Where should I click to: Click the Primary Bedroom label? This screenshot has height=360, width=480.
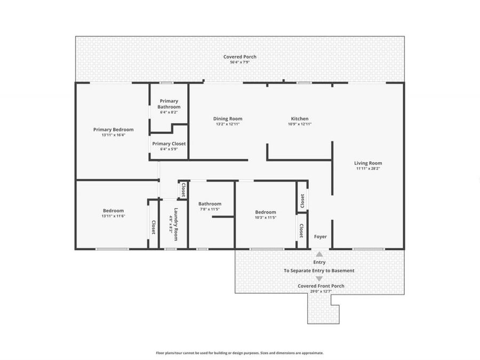113,130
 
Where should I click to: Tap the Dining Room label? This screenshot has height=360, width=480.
228,119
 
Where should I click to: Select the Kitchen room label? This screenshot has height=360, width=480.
299,119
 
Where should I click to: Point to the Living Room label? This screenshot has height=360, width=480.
368,163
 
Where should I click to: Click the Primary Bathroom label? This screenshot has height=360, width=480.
169,104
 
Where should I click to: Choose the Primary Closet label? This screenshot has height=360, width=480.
169,144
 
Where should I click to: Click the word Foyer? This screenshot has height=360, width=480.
320,237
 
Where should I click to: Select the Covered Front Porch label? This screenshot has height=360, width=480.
321,286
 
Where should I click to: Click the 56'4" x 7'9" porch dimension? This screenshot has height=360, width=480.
239,62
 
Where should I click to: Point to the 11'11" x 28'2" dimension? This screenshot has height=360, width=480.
368,169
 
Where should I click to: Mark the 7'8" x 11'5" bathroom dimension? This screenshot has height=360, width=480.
210,209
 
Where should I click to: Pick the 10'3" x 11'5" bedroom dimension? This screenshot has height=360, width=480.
265,218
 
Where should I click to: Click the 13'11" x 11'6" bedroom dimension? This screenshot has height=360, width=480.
113,216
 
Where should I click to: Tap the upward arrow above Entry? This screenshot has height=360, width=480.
319,254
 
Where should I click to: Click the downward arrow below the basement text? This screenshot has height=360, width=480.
319,278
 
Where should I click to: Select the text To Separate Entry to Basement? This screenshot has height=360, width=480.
319,270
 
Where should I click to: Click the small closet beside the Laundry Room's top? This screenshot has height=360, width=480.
183,189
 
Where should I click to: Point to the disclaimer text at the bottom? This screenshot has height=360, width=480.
239,353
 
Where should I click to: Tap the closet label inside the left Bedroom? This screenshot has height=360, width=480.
153,227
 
